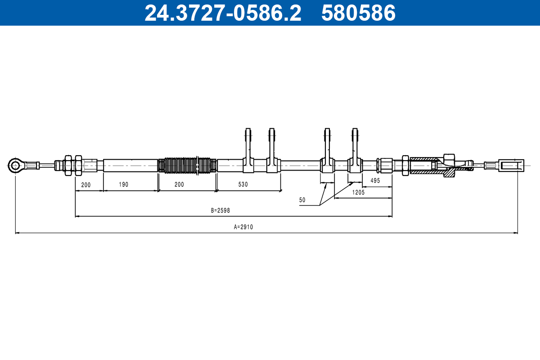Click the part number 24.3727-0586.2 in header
(222, 13)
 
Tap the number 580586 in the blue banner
(358, 13)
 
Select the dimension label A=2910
(243, 227)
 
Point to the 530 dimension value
(243, 184)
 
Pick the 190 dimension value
(124, 184)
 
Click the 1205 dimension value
(358, 192)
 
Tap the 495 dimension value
(375, 180)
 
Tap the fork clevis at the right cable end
(512, 165)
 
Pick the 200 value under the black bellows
(179, 184)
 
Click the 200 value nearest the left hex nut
(86, 184)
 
